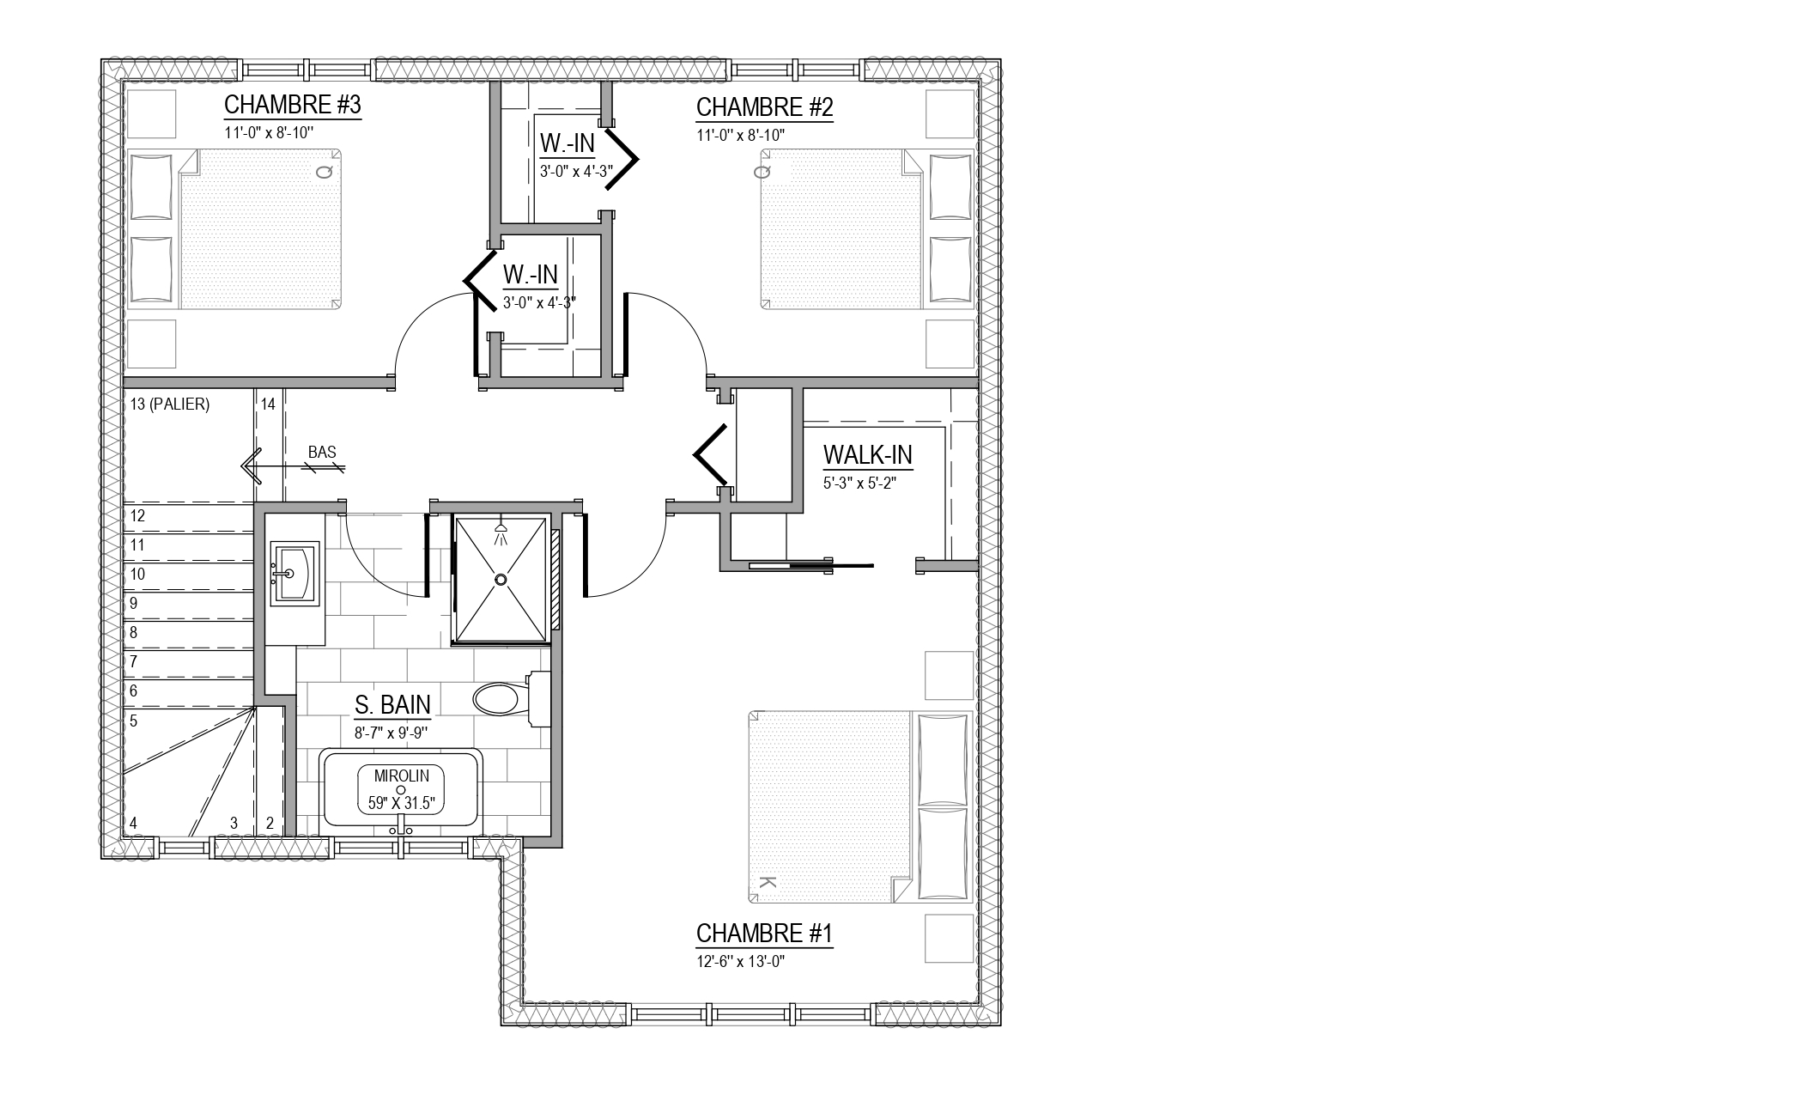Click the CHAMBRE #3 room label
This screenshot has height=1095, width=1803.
[292, 105]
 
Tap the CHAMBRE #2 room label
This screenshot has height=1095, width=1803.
[764, 107]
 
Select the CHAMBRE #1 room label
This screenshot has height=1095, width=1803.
[764, 934]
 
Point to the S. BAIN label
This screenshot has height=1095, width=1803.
[392, 705]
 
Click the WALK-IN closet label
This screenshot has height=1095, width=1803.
[867, 454]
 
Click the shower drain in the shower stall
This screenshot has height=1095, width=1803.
[501, 581]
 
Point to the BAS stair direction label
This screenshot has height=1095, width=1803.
[322, 453]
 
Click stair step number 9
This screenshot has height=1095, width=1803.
[133, 604]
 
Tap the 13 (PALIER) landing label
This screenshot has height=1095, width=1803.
[170, 404]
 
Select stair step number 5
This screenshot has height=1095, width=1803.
[133, 721]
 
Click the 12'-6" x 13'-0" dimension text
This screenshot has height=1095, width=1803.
[741, 961]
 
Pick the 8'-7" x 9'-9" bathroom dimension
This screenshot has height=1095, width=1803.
[391, 733]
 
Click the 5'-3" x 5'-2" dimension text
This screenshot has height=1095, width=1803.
[859, 483]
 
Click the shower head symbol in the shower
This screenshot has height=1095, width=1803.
[501, 534]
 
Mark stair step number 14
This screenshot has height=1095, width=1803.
[268, 404]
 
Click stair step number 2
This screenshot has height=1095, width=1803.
[270, 824]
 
